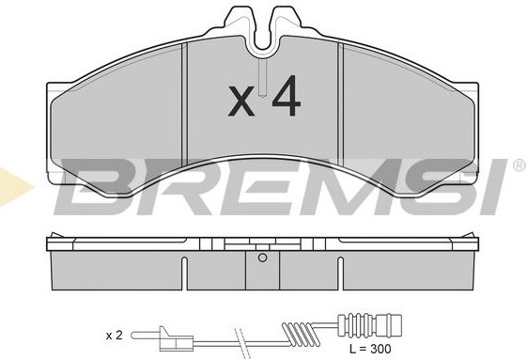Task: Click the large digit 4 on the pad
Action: [x=286, y=96]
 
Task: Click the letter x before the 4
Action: [x=241, y=102]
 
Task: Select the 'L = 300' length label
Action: [x=370, y=349]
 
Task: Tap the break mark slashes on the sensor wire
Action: [x=240, y=340]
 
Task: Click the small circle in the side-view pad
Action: [x=262, y=258]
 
